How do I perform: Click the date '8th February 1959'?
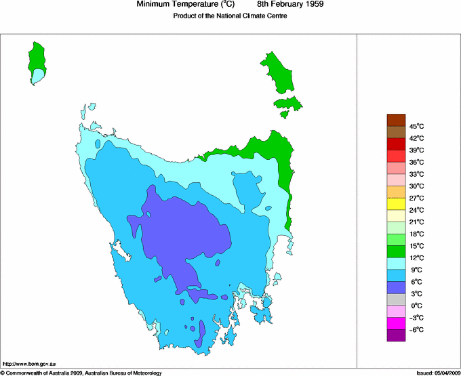(290, 5)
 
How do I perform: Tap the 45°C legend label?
(416, 126)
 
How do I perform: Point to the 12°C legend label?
(416, 258)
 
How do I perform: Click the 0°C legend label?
(416, 306)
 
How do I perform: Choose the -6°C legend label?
(416, 330)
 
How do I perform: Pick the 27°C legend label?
(416, 198)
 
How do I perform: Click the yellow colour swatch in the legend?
(396, 204)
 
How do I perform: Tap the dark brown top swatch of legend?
(396, 120)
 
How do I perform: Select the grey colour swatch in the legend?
(396, 299)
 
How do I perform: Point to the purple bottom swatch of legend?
(396, 335)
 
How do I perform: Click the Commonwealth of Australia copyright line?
(81, 373)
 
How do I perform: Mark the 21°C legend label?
(416, 222)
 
